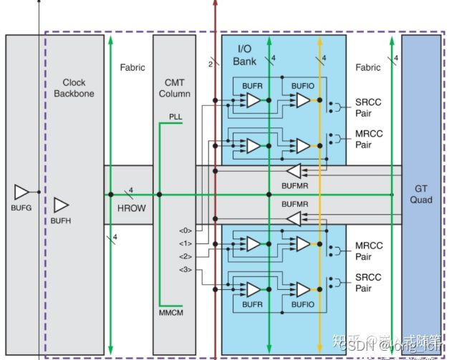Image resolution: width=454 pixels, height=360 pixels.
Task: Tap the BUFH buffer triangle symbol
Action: pos(61,205)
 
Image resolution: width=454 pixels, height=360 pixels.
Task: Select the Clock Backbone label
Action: pos(74,88)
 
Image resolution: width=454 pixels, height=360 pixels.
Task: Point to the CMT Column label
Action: pos(173,88)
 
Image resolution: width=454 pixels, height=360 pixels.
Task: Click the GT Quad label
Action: pos(421,194)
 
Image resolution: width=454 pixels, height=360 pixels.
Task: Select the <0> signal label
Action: pos(185,230)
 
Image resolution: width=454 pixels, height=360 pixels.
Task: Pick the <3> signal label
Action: pos(185,270)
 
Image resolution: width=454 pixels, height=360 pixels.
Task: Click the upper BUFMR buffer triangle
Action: pos(294,171)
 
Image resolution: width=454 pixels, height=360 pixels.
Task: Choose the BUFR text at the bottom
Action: pos(253,305)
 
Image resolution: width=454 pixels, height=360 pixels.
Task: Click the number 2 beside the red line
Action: pos(210,64)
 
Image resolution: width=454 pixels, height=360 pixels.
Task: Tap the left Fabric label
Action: pos(132,67)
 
